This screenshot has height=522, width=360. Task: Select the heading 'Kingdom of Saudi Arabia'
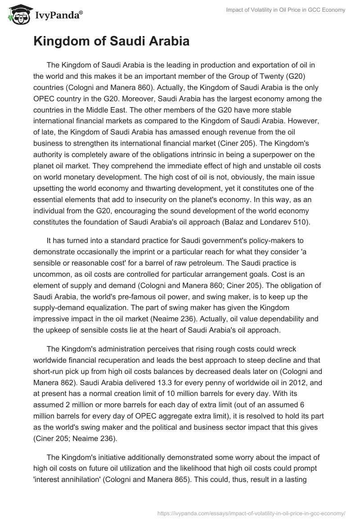tap(111, 41)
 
